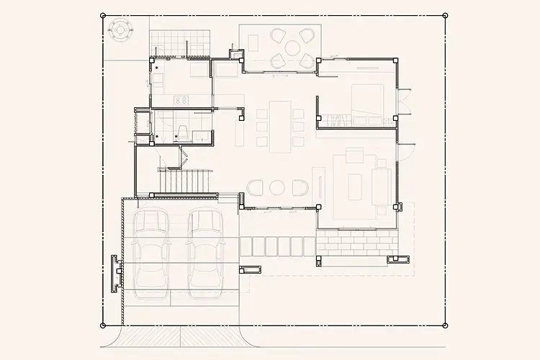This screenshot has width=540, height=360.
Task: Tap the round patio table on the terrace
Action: (292, 48)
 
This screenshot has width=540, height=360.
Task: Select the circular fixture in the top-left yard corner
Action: (119, 29)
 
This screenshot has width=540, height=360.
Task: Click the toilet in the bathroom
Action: (183, 131)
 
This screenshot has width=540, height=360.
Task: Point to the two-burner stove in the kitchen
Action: (181, 100)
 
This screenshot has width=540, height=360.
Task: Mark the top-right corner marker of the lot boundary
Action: (445, 15)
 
